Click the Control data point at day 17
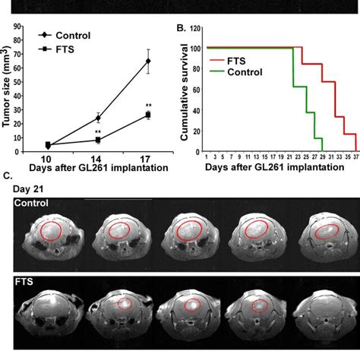click(x=148, y=61)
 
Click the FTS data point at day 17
click(x=148, y=115)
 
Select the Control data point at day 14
click(x=98, y=118)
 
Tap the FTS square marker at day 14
click(x=98, y=140)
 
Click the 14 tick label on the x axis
click(x=98, y=156)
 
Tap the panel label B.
click(x=180, y=30)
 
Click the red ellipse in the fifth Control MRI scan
click(x=327, y=232)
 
